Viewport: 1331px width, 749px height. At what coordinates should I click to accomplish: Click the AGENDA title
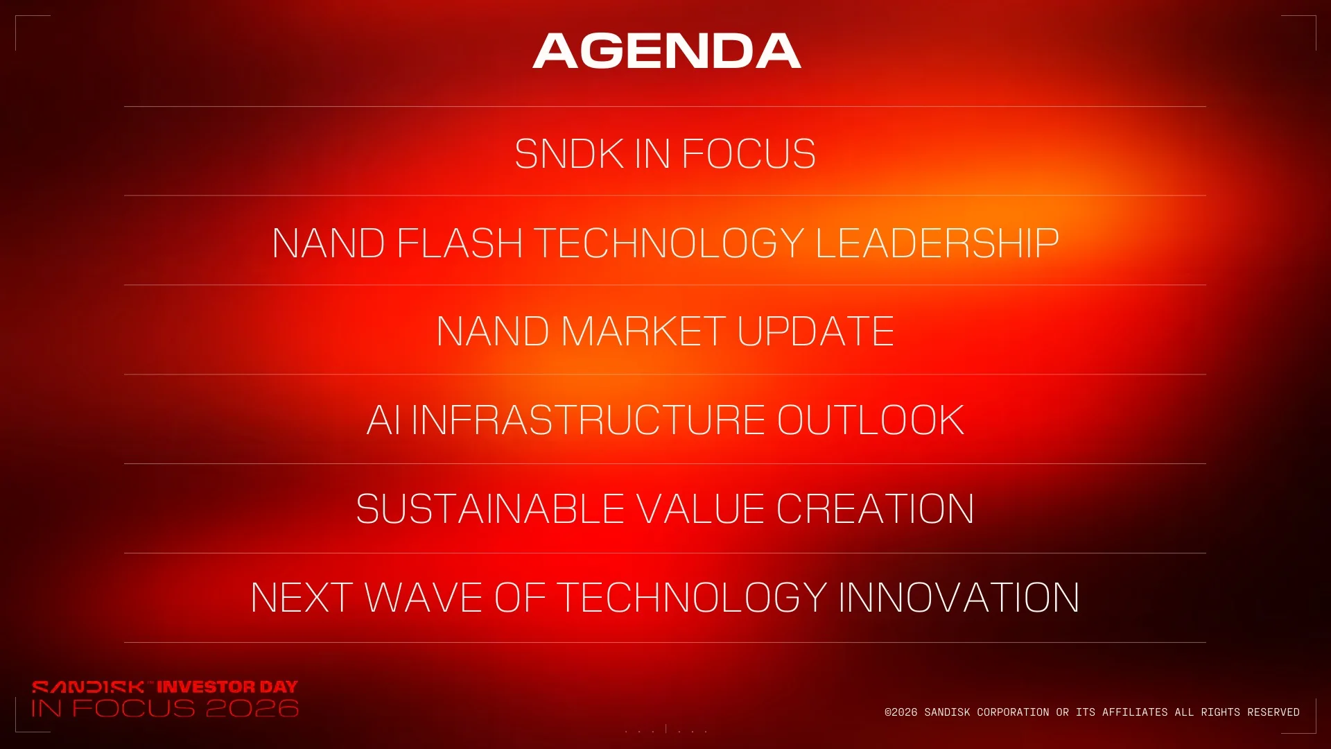point(667,51)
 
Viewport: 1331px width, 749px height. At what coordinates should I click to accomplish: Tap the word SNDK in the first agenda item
point(569,153)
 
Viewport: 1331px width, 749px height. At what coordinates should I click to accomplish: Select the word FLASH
point(460,243)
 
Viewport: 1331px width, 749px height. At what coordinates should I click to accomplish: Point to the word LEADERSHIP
point(937,243)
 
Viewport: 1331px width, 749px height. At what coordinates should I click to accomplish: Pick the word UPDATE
point(816,331)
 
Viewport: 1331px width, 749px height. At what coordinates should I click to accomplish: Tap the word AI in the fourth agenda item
point(383,420)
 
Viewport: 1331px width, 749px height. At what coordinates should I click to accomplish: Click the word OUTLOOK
point(871,420)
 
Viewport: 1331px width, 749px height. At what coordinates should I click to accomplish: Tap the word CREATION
point(876,509)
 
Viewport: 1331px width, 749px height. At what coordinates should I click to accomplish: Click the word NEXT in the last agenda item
point(302,598)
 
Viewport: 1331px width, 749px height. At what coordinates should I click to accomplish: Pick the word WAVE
point(424,598)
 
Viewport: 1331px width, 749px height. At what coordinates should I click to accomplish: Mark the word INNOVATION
point(959,598)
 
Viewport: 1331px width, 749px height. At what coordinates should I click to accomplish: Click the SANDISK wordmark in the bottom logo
point(88,687)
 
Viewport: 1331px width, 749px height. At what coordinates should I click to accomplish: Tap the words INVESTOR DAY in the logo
point(227,687)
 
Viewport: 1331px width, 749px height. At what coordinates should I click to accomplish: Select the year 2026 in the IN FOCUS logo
point(252,708)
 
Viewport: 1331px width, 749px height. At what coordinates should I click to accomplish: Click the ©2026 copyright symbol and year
point(901,712)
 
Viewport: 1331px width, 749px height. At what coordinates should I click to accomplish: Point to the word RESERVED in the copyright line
point(1273,712)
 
